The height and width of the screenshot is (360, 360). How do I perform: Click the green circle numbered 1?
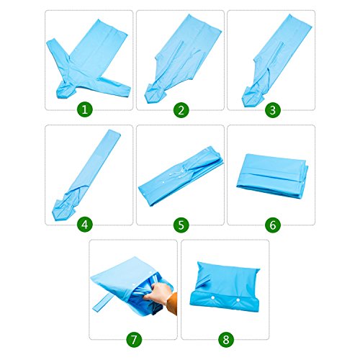pos(85,109)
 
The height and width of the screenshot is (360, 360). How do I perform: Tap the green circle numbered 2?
pos(181,109)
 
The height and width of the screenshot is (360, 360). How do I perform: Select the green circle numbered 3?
pos(273,109)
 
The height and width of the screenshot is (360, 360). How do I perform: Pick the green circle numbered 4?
pos(85,225)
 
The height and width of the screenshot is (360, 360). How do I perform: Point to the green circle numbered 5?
pos(181,225)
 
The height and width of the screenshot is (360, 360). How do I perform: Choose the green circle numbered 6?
pos(273,225)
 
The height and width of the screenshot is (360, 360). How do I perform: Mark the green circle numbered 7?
pos(134,339)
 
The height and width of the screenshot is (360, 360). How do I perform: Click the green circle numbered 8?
pos(225,339)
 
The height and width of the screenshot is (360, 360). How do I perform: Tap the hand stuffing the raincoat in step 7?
pos(157,293)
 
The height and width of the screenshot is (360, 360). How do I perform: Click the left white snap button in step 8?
pos(212,297)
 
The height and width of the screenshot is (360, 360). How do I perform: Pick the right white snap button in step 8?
pos(238,300)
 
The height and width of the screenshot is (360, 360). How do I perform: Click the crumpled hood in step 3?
pos(252,96)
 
